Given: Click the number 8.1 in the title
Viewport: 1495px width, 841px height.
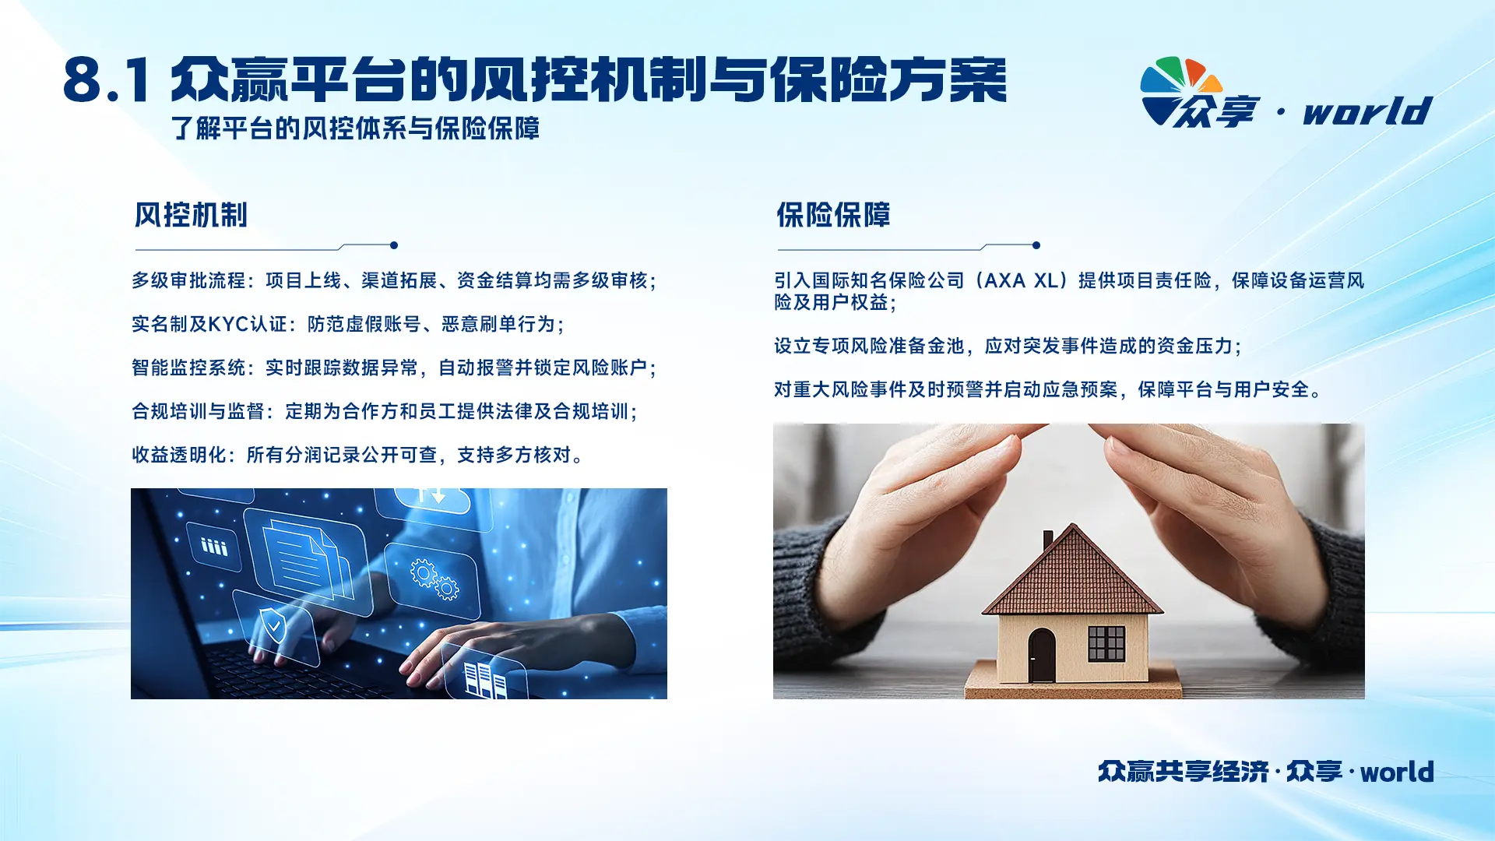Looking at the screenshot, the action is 107,80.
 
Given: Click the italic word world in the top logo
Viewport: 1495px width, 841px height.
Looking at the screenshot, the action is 1368,111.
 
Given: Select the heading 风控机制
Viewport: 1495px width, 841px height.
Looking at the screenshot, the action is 191,215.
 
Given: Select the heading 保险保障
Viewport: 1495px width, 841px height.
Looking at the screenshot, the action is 833,215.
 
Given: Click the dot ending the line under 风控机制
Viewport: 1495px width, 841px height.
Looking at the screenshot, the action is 394,245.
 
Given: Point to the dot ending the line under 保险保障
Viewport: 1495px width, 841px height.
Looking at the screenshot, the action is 1036,245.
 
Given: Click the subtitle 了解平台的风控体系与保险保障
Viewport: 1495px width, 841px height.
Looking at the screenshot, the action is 356,128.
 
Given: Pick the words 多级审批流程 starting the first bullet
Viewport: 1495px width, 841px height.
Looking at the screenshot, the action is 188,280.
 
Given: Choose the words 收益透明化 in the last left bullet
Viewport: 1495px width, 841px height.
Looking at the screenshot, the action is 179,455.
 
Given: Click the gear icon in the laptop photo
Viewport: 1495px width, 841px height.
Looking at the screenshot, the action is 435,579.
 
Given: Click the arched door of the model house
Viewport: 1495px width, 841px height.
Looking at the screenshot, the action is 1042,656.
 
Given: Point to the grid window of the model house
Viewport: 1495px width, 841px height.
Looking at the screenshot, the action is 1106,643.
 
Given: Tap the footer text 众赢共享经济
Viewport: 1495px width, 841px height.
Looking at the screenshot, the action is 1184,772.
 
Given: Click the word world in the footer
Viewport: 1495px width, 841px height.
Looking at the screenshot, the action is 1397,772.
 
